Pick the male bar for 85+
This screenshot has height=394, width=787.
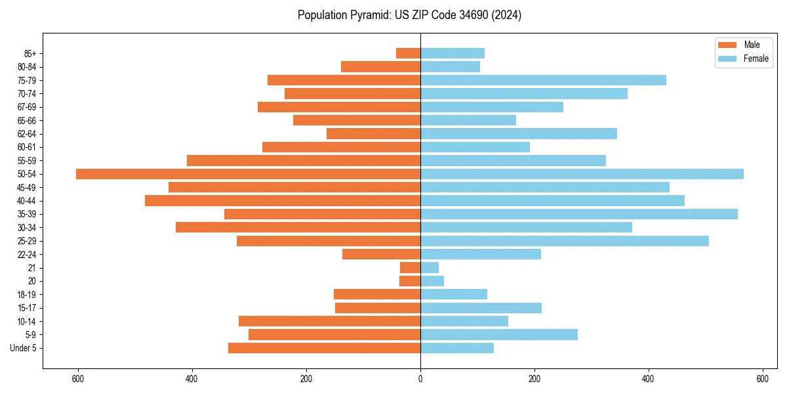408,53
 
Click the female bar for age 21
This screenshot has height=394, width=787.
430,268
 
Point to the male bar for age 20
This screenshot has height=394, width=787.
410,281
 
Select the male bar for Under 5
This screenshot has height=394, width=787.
324,348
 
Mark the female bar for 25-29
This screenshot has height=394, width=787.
565,241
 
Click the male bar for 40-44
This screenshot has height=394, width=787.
283,201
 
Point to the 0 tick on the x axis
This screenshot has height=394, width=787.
420,379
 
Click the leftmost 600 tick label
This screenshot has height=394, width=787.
78,379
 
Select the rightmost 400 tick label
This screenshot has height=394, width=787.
648,379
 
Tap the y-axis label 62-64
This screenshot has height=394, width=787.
27,134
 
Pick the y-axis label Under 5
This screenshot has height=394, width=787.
24,348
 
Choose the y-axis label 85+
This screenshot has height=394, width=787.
30,53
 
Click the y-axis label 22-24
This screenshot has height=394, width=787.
27,255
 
